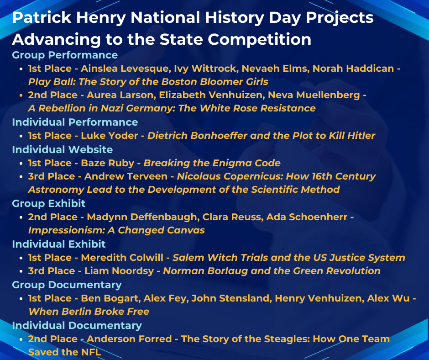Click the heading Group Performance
pos(65,55)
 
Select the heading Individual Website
pos(62,149)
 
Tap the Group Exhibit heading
pos(49,203)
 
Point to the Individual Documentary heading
pos(77,325)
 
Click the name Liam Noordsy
pos(119,271)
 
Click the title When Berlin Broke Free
pos(89,312)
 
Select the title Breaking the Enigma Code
pos(212,163)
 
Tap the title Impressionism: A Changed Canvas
pos(116,230)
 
